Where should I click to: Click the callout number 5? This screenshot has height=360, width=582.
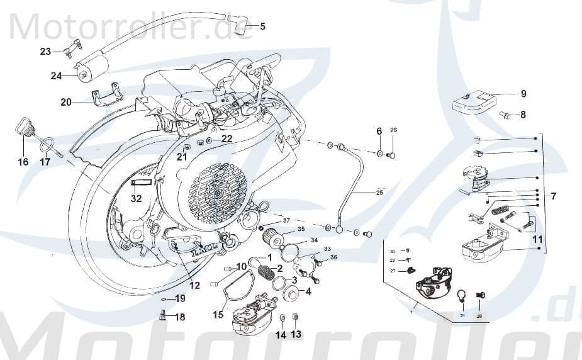[262, 26]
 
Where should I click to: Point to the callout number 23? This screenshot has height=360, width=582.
[45, 52]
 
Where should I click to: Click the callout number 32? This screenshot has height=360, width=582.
[137, 198]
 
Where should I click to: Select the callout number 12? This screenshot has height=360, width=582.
[194, 286]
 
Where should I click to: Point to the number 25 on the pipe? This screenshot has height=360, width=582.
[379, 193]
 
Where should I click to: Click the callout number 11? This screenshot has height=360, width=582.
[537, 239]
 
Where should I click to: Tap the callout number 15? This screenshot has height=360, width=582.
[218, 314]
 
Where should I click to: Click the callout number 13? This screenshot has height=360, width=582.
[296, 335]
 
